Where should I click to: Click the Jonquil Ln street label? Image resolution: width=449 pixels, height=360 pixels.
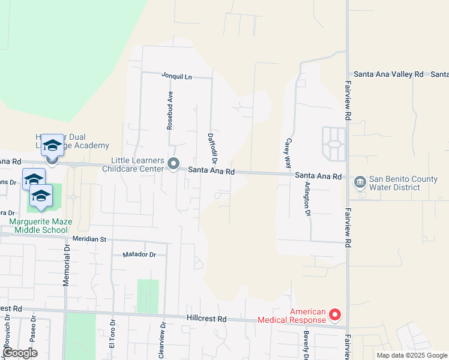[x=176, y=76]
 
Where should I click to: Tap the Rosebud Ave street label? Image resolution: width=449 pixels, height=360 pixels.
[x=170, y=110]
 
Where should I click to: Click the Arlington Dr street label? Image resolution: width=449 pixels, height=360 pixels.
[x=307, y=199]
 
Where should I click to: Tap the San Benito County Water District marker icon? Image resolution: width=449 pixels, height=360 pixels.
[x=360, y=181]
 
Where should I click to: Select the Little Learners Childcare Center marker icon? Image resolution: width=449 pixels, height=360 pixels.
[x=173, y=164]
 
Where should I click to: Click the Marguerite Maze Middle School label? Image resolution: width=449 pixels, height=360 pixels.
[x=40, y=226]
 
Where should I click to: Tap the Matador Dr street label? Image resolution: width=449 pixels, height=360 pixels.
[x=139, y=254]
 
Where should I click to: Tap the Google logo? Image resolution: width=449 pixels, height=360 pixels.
[x=19, y=353]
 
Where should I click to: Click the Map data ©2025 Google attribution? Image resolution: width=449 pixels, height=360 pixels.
[x=411, y=355]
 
